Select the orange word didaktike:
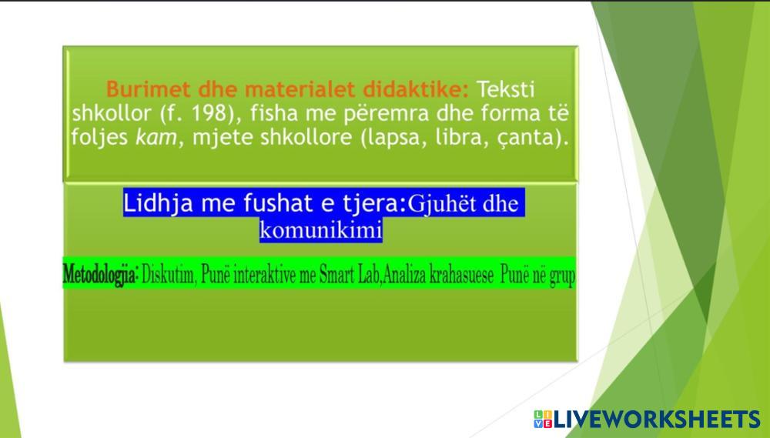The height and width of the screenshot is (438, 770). pyautogui.click(x=416, y=89)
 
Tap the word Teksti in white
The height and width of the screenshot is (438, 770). pyautogui.click(x=506, y=89)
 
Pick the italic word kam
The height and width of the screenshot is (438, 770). pyautogui.click(x=156, y=137)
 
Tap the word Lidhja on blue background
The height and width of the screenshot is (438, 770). pyautogui.click(x=158, y=202)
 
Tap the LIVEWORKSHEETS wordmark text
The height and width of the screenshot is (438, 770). pyautogui.click(x=657, y=419)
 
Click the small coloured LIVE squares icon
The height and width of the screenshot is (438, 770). pyautogui.click(x=543, y=419)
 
